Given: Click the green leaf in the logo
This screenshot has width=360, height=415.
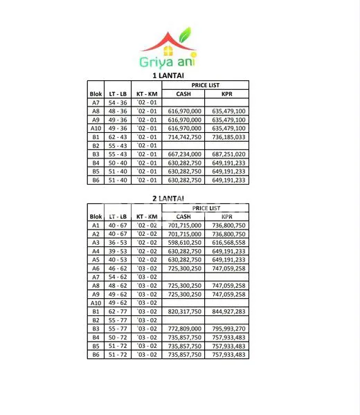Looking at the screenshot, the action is pos(184,35).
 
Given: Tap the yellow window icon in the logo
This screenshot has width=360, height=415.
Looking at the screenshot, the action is pos(168,50).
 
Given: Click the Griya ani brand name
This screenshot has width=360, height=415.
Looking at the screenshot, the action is pos(168,62).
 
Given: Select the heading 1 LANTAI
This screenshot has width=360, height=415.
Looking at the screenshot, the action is pos(167,75).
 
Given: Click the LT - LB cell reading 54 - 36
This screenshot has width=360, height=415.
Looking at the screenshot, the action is pos(118,102).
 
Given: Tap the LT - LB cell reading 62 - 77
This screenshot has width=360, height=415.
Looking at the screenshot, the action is pos(118,312).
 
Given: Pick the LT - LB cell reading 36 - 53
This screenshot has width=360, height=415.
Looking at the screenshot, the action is pos(118,243).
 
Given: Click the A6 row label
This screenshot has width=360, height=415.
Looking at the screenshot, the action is pos(96,268).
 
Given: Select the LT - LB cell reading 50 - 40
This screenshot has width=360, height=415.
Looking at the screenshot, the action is pos(118,163).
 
